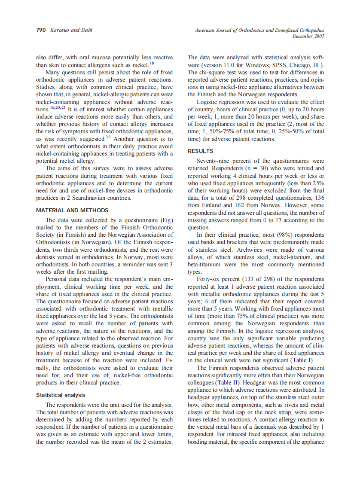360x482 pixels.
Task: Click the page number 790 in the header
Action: [40, 30]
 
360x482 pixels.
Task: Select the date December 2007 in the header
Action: [308, 36]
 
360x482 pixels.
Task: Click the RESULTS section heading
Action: [201, 151]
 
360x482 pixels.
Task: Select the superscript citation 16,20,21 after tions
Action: [56, 108]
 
